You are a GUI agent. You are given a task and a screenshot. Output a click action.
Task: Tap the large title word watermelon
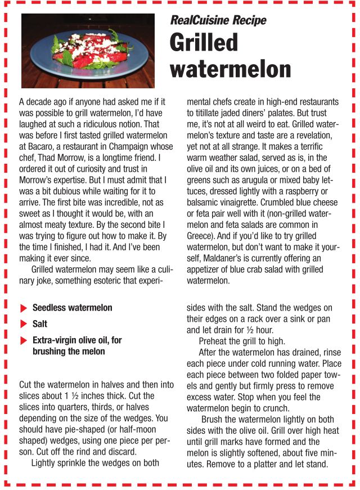point(230,69)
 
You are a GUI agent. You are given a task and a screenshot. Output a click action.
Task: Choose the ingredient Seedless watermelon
point(72,308)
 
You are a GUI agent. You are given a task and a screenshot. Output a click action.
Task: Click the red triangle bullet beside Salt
point(23,325)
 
